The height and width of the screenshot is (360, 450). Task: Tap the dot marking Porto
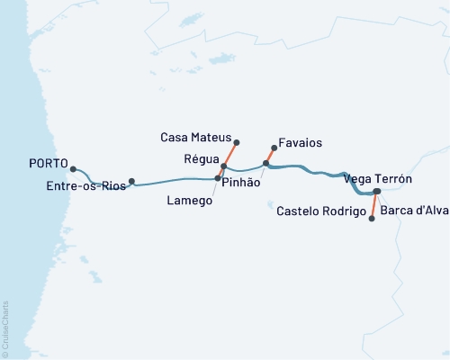coord(73,168)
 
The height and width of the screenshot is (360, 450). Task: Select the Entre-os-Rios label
coord(85,186)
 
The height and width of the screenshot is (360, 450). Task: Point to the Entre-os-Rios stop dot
coord(132,181)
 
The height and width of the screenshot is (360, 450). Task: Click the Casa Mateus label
coord(195,138)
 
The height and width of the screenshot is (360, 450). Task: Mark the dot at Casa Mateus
coord(237,142)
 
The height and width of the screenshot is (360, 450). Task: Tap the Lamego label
coord(190,201)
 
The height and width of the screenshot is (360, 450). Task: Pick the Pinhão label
coord(240,182)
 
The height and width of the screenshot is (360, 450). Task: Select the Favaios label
coord(301,143)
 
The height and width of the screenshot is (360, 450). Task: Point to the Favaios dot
coord(274,148)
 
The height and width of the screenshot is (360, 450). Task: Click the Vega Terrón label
coord(378,180)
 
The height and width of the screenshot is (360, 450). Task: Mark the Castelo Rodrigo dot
coord(373,218)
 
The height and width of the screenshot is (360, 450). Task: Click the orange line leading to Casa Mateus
coord(230,154)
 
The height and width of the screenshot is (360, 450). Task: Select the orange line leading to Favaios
coord(270,155)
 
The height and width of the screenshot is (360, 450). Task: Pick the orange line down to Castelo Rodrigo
coord(374,205)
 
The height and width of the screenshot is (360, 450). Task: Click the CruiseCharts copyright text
coord(5,328)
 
